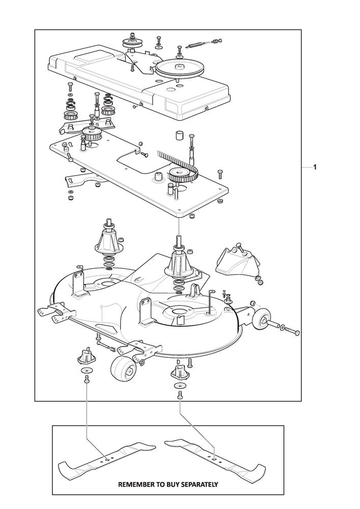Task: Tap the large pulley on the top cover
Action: [x=179, y=67]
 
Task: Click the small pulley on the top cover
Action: [x=132, y=44]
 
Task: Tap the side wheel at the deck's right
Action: [x=263, y=320]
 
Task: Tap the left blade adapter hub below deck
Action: [x=85, y=353]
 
